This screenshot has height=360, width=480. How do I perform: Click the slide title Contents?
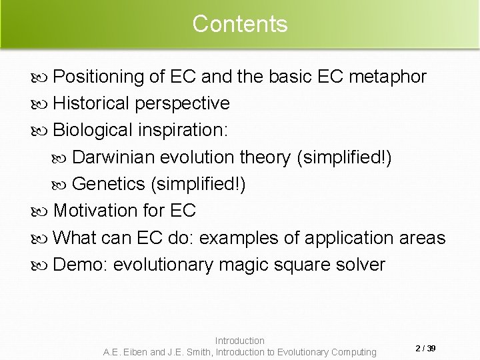tap(240, 24)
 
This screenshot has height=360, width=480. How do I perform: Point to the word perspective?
tap(182, 104)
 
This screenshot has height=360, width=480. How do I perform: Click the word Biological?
tap(93, 130)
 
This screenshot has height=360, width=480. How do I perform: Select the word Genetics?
tap(109, 184)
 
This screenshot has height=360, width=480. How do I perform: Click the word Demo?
tap(81, 265)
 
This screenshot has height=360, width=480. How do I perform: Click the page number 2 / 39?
tap(425, 348)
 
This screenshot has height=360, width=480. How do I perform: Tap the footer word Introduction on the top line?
tap(240, 341)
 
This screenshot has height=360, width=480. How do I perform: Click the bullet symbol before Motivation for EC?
tap(44, 211)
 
